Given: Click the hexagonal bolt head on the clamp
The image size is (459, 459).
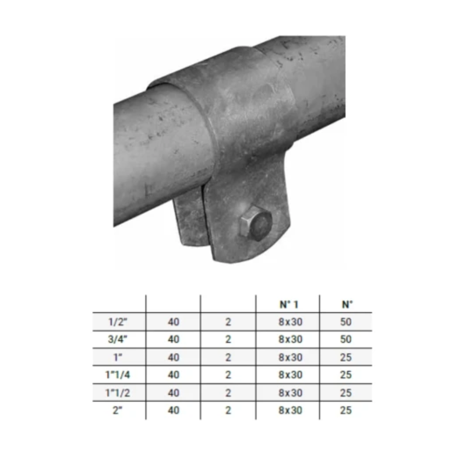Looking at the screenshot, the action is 255,224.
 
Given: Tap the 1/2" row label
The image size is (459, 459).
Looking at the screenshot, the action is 118,322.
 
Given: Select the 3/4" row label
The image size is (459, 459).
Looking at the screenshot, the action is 118,340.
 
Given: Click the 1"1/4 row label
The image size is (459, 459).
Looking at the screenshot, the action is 118,375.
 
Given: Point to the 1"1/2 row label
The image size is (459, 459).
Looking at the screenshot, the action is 118,393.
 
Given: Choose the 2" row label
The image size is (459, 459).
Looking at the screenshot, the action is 118,411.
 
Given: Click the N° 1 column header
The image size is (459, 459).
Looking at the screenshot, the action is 289,305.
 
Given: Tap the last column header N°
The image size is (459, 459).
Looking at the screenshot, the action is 347,305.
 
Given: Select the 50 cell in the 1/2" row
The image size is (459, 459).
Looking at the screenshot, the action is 346,322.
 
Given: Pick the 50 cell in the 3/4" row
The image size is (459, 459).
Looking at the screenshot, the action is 346,340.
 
